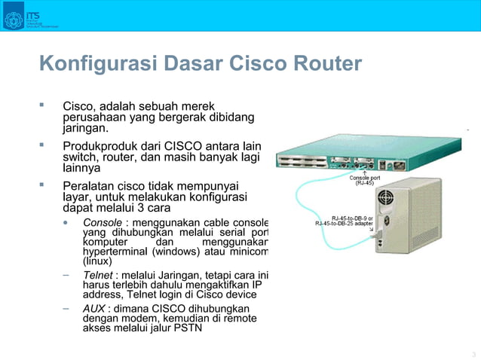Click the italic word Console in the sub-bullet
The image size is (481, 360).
103,223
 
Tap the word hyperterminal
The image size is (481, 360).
114,252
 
